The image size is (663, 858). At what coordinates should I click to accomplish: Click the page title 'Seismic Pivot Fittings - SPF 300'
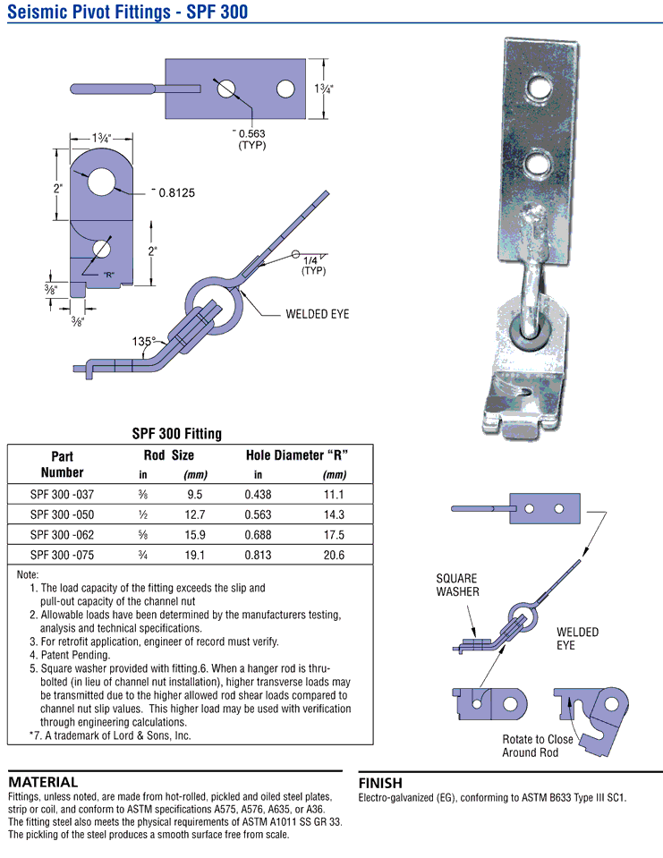click(x=127, y=12)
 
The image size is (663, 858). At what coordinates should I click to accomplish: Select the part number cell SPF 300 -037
click(x=62, y=494)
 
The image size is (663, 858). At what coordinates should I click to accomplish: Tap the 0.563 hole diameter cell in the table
click(x=258, y=514)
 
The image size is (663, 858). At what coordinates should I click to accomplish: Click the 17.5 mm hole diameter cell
click(x=334, y=535)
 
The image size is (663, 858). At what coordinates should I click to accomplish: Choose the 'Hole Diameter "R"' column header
click(x=297, y=454)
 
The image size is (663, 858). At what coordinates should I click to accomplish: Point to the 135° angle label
click(x=142, y=341)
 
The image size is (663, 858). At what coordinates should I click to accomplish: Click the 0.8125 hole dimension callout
click(x=176, y=192)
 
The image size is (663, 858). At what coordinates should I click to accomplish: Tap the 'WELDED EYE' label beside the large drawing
click(x=317, y=314)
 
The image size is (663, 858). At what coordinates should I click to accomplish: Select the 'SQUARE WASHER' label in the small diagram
click(x=458, y=585)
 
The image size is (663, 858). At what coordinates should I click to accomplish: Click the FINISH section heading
click(x=380, y=783)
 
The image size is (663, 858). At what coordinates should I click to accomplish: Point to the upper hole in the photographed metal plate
click(x=539, y=88)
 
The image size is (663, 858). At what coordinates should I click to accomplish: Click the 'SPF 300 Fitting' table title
click(x=176, y=434)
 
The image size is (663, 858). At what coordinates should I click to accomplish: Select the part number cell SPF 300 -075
click(x=62, y=556)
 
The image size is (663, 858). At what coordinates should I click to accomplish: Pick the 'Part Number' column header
click(x=62, y=463)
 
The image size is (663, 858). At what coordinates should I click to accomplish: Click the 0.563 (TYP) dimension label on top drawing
click(x=251, y=139)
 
